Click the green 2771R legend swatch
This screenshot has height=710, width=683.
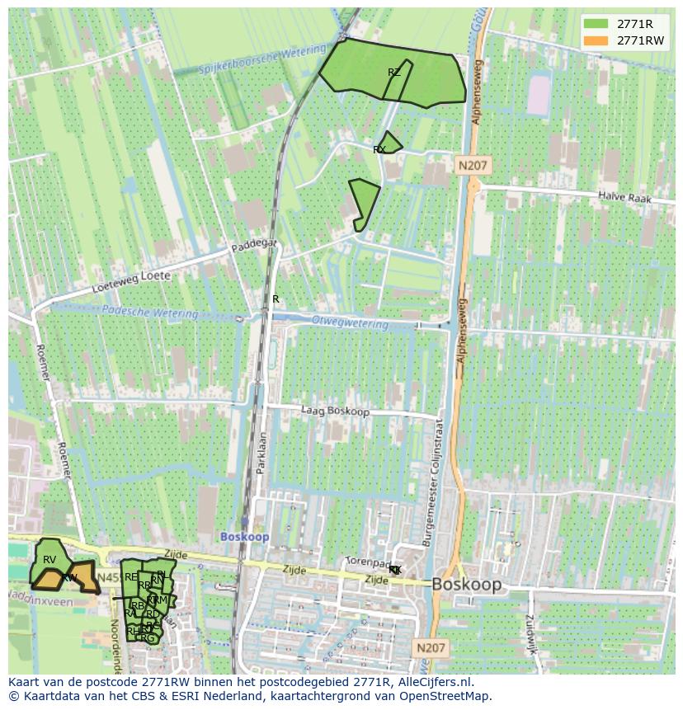tap(596, 23)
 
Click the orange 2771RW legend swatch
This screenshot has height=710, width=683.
tap(596, 40)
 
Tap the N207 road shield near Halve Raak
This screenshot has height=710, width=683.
tap(473, 166)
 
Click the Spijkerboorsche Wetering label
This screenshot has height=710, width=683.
tap(251, 62)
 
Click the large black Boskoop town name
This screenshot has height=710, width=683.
tap(466, 584)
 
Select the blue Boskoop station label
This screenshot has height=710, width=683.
tap(244, 536)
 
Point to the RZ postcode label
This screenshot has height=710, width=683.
tap(394, 73)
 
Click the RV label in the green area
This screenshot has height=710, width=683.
tap(49, 560)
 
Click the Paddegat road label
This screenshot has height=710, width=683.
tap(254, 245)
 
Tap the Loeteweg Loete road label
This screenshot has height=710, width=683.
tap(131, 281)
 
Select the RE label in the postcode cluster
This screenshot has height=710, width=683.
tap(131, 577)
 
